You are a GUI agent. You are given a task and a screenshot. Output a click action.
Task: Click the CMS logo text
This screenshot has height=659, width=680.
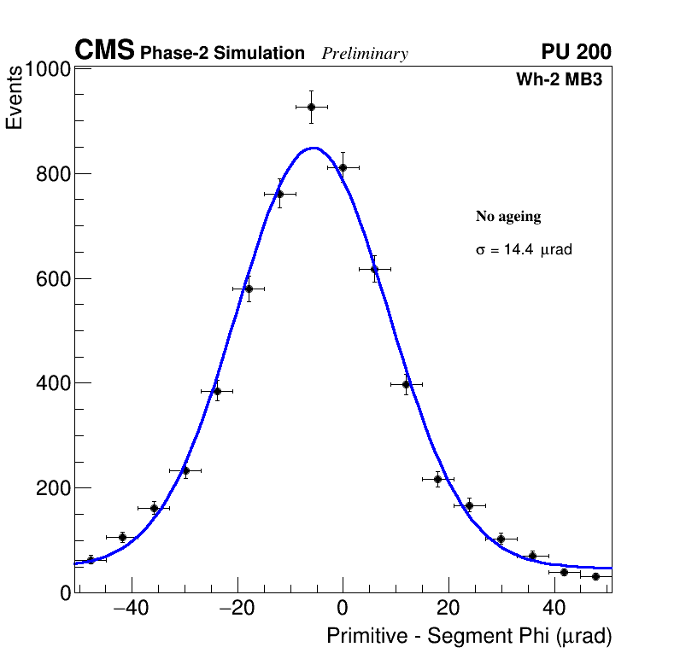point(104,51)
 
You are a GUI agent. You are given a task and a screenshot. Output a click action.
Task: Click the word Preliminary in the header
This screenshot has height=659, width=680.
point(365,54)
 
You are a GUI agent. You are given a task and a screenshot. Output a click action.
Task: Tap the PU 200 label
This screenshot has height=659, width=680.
point(576,52)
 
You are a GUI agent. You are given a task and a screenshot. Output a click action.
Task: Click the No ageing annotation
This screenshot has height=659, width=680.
point(508,217)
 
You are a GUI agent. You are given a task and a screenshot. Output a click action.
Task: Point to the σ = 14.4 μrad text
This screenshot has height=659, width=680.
point(523,250)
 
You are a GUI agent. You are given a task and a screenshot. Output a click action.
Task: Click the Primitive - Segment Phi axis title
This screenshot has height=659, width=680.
point(469,636)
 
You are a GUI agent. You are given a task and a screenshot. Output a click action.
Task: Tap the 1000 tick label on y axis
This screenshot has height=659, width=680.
point(46,70)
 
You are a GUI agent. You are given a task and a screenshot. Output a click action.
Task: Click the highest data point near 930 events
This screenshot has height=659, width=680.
point(311,107)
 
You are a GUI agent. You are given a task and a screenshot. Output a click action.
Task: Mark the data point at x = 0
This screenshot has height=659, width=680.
point(343,167)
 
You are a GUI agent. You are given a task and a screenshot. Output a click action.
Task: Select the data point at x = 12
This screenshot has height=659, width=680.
point(407,384)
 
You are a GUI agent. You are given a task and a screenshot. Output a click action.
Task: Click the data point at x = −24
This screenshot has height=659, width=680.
point(217,391)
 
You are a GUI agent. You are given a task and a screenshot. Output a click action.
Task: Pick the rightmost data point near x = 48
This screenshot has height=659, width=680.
point(595,576)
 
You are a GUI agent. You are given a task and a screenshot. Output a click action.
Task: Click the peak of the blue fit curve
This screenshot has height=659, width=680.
point(314,148)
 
